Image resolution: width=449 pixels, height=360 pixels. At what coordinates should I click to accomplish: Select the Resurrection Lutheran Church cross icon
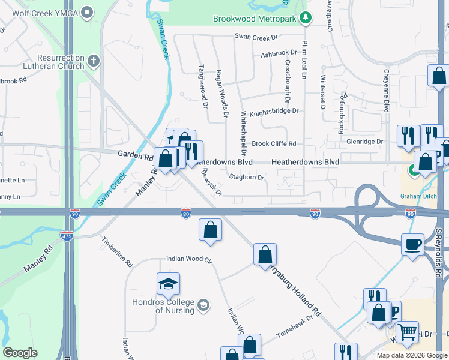tap(93, 61)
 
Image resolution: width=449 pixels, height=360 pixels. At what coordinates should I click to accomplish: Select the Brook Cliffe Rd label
tap(274, 144)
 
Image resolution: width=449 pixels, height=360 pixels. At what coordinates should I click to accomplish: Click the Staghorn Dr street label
tap(247, 178)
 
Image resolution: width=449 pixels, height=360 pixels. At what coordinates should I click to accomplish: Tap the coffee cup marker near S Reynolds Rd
tap(412, 245)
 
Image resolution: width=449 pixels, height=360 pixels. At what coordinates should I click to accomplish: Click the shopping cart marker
tap(408, 331)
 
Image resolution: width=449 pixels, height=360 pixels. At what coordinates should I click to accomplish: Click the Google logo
tap(20, 353)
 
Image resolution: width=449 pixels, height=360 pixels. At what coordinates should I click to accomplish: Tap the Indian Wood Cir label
tap(190, 260)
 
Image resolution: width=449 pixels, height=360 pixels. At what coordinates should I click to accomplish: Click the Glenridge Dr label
tap(364, 142)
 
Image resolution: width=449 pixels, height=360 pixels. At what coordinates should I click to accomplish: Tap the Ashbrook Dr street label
tap(279, 54)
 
